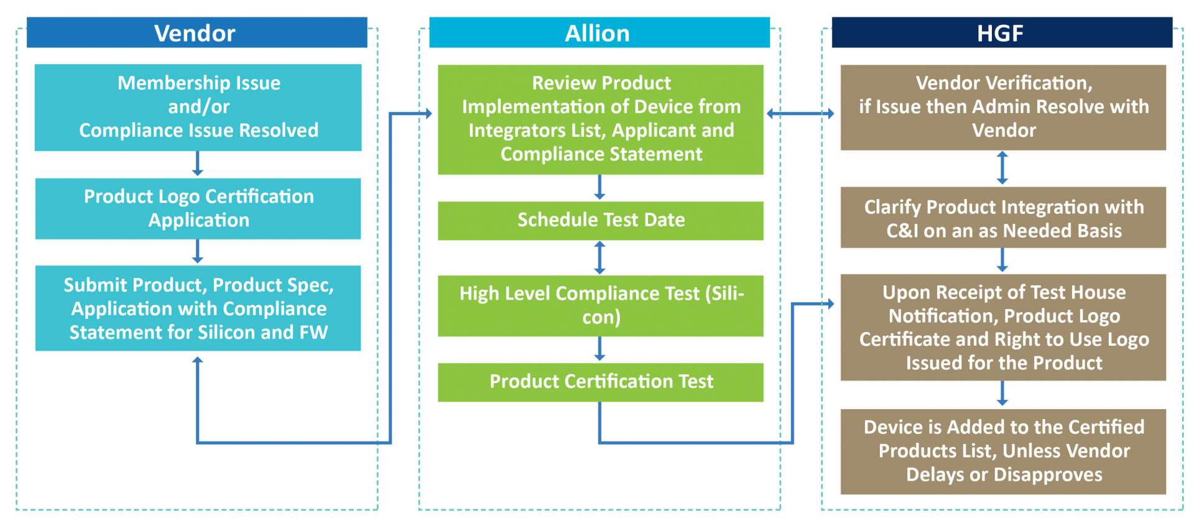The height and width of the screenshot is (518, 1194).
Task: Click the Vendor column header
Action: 197,32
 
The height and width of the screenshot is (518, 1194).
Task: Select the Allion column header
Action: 599,32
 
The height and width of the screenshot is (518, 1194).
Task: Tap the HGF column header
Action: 1002,32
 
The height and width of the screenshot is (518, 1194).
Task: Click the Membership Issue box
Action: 198,107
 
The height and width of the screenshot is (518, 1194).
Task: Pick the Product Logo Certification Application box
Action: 198,208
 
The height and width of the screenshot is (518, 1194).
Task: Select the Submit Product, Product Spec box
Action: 198,308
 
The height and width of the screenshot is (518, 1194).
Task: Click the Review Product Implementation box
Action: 600,119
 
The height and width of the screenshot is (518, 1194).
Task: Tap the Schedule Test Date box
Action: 600,220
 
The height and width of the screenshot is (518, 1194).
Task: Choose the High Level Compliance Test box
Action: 600,305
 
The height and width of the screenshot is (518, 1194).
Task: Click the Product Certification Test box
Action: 600,382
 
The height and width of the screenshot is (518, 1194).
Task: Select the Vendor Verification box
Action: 1003,107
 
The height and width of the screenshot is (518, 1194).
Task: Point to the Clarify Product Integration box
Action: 1003,217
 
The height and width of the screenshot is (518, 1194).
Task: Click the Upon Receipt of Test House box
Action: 1003,327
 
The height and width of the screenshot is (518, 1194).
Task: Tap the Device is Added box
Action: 1003,451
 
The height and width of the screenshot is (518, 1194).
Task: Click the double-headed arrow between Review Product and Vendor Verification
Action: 800,113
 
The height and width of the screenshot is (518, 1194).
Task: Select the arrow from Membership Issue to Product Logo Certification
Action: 198,164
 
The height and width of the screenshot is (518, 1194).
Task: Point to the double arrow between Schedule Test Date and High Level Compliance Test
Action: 599,257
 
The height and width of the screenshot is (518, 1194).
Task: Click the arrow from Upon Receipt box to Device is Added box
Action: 1002,394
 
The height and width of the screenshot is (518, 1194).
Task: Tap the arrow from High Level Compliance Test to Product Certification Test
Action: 599,349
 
